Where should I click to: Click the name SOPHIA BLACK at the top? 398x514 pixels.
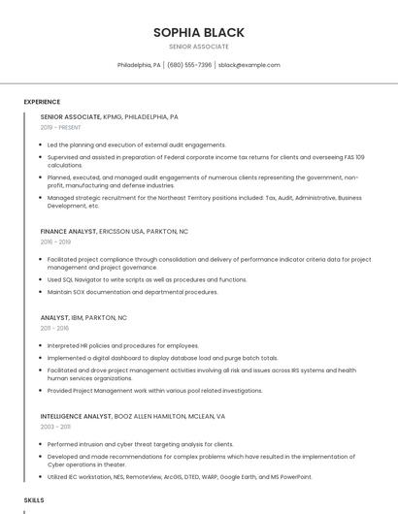pyautogui.click(x=198, y=32)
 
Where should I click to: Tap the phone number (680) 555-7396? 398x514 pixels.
pyautogui.click(x=189, y=65)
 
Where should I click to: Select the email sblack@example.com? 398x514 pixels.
pyautogui.click(x=249, y=65)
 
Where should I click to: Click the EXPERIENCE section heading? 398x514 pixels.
pyautogui.click(x=42, y=102)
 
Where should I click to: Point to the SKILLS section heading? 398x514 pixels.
pyautogui.click(x=34, y=499)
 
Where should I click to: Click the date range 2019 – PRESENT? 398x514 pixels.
pyautogui.click(x=61, y=127)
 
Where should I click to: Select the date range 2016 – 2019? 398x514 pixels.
pyautogui.click(x=55, y=242)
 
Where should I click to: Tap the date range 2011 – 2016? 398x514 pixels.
pyautogui.click(x=54, y=329)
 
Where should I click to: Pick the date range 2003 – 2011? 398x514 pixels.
pyautogui.click(x=55, y=427)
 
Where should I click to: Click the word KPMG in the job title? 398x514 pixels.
pyautogui.click(x=114, y=116)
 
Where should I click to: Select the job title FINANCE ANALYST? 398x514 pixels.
pyautogui.click(x=68, y=232)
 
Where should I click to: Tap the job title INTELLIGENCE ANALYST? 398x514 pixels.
pyautogui.click(x=76, y=416)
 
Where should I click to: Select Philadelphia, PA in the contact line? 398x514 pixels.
pyautogui.click(x=139, y=65)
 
